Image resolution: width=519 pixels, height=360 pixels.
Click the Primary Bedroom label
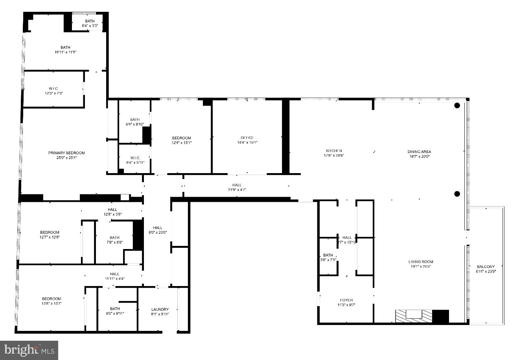(x=66, y=153)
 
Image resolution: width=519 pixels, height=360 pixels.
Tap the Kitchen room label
(x=333, y=151)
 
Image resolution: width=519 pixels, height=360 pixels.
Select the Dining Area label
(x=419, y=151)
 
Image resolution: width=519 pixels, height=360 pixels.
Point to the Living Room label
(x=420, y=262)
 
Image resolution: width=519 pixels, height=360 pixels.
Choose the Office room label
(x=247, y=138)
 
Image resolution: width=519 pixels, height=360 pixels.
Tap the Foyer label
(x=346, y=300)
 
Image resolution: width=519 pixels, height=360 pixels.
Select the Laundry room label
(x=160, y=309)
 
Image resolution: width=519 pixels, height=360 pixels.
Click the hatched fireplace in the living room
(x=414, y=316)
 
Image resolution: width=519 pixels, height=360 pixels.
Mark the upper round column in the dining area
(x=457, y=105)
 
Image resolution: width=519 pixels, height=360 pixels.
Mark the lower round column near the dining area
(x=457, y=194)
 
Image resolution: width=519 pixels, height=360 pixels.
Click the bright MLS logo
(x=29, y=350)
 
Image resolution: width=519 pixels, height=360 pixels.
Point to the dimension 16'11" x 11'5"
(x=65, y=52)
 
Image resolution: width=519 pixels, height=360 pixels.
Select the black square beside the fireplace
(x=440, y=316)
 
